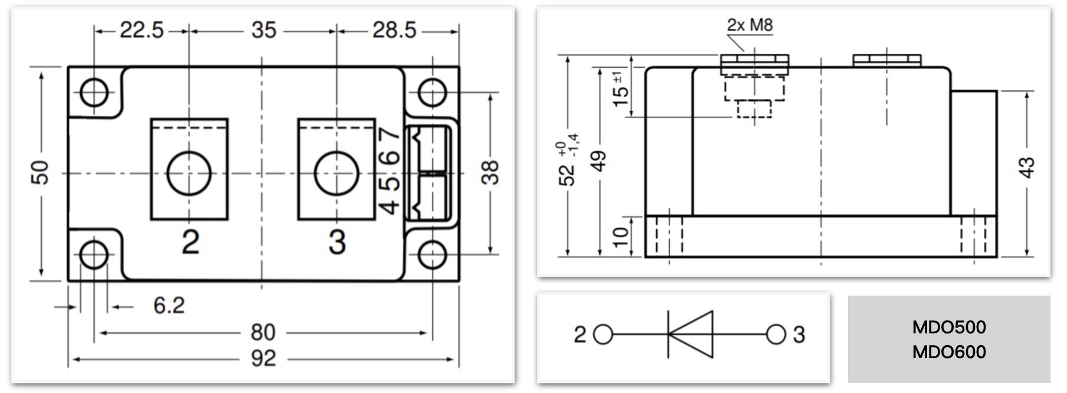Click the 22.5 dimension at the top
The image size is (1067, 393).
point(142,30)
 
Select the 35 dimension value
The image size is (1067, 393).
point(263,30)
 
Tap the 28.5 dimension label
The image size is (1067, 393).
point(394,30)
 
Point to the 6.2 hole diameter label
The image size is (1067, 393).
point(169,306)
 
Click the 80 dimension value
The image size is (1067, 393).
point(263,333)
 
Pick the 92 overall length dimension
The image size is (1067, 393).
point(263,358)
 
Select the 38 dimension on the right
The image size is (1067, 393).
point(490,172)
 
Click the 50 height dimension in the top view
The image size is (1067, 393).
point(40,172)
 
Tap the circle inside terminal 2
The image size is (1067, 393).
point(189,173)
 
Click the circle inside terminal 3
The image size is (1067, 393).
point(336,173)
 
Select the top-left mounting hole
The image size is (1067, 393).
point(94,93)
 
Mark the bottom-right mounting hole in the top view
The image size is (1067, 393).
point(432,255)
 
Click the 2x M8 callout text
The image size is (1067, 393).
point(749,25)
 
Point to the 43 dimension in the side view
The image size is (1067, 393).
point(1027,168)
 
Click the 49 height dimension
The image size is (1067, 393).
point(599,161)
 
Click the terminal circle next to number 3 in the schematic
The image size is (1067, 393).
point(776,335)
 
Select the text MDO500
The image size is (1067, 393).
point(949,327)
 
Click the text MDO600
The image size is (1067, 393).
point(949,352)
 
